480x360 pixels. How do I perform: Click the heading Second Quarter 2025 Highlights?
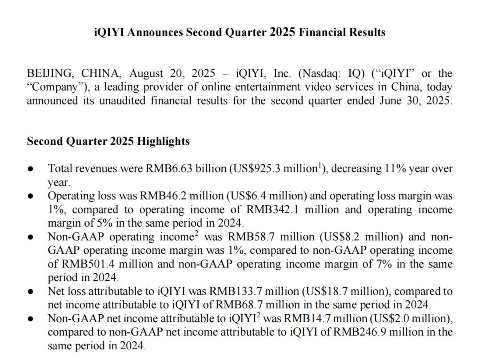[108, 141]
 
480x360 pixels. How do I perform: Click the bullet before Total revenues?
[30, 169]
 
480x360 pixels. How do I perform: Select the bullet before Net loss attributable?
[30, 292]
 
